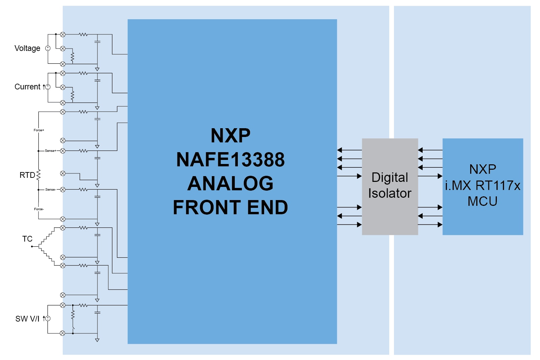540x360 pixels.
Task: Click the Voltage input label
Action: pos(27,48)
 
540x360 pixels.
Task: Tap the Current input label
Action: pos(27,87)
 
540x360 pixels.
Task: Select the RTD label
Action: pos(27,175)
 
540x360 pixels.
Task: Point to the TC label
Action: pos(27,239)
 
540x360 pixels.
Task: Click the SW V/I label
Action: pos(27,319)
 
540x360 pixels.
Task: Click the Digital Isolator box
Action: pos(390,186)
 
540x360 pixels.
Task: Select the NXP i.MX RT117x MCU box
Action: pos(483,186)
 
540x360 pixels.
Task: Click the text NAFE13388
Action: pos(230,160)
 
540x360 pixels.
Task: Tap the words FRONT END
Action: pos(230,207)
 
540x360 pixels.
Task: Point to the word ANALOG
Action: pos(230,183)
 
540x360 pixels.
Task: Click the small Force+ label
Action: pos(39,130)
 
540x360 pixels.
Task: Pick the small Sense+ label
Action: pos(50,151)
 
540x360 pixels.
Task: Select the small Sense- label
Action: pos(50,190)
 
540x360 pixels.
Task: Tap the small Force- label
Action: pos(39,209)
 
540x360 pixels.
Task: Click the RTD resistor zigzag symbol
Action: pos(38,175)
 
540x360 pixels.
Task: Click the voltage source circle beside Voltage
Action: pos(48,48)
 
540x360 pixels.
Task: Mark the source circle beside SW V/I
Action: pos(48,319)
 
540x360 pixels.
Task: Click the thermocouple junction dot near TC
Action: pos(32,247)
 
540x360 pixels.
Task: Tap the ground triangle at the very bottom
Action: pos(97,340)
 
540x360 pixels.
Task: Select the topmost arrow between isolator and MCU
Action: pos(430,150)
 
